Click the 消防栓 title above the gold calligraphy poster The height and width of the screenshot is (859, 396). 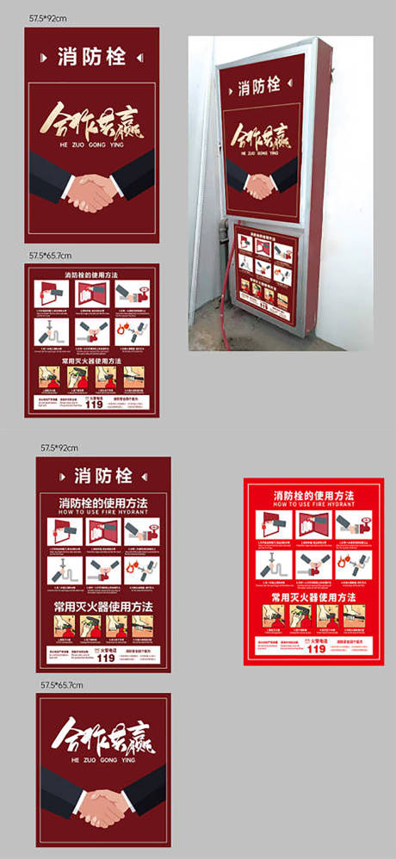[92, 58]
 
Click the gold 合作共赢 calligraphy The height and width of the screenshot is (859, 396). [91, 121]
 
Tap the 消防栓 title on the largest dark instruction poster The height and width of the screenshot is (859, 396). [103, 475]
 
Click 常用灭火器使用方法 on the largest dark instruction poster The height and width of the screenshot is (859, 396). [103, 607]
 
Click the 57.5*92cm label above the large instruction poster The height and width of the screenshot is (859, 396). [59, 448]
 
